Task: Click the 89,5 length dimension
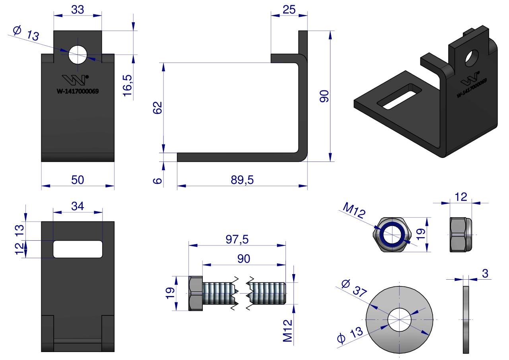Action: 242,180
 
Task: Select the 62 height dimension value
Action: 158,108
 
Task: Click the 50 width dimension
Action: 78,180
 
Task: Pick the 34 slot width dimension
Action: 78,206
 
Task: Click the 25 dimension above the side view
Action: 289,10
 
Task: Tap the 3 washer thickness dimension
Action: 484,273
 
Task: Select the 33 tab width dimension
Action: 78,10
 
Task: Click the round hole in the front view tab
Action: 78,54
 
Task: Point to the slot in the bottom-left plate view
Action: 78,249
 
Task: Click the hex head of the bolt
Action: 195,294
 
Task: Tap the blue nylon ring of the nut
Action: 392,234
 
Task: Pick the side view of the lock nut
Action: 461,234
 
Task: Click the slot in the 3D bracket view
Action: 398,96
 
